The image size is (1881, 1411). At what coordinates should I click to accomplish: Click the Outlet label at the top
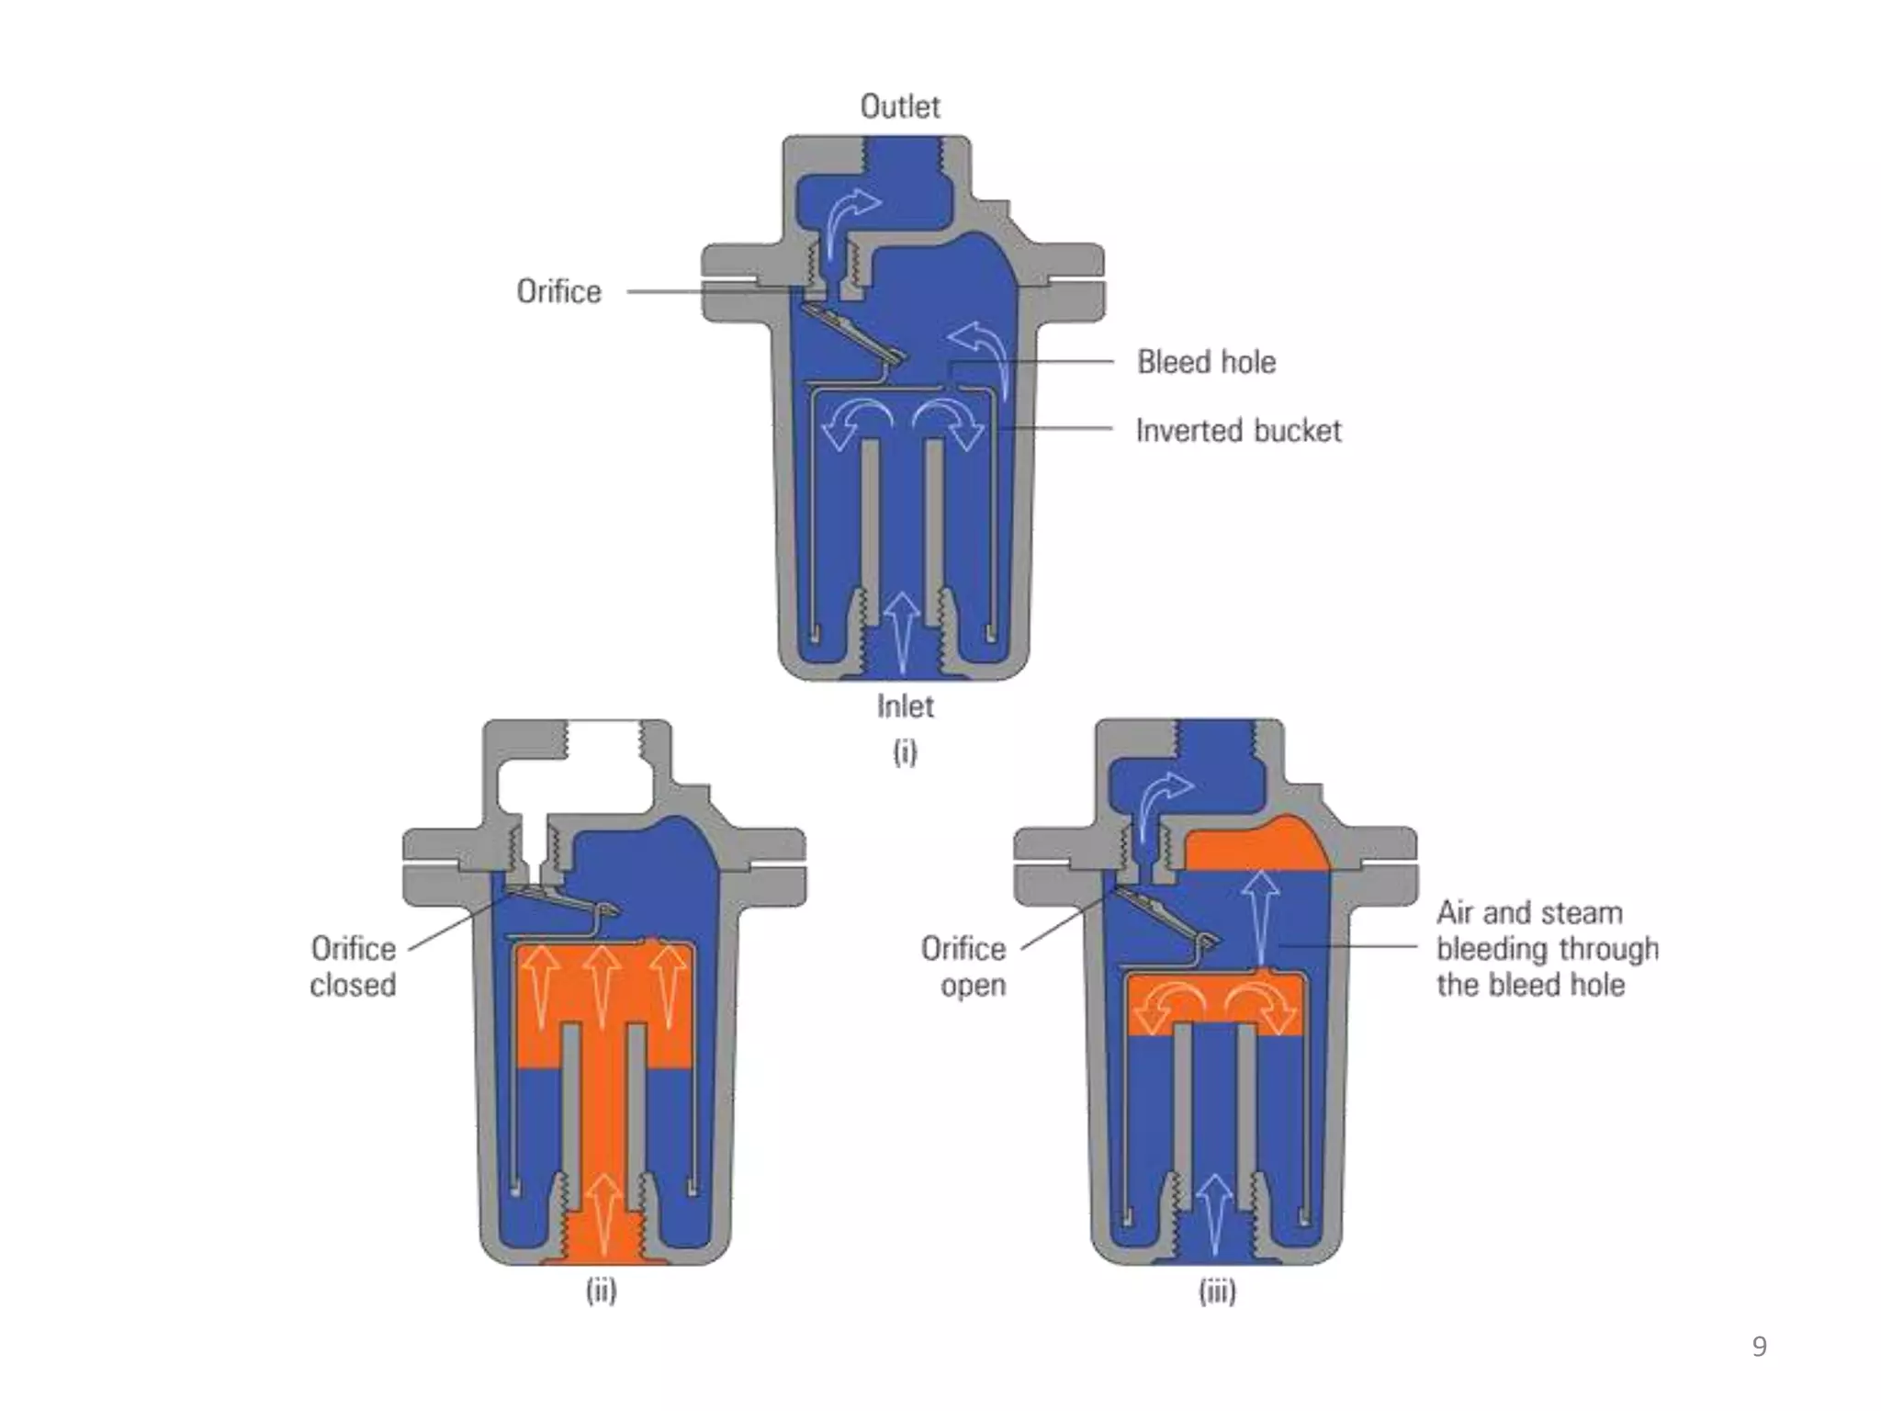click(x=900, y=107)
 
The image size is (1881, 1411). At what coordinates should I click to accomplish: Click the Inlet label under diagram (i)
click(x=905, y=706)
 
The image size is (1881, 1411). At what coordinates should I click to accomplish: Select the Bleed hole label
click(x=1206, y=362)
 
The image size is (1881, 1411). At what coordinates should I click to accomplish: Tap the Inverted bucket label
click(x=1238, y=430)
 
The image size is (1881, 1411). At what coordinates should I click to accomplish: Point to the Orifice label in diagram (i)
click(x=558, y=291)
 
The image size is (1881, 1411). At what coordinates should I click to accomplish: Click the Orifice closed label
click(x=353, y=966)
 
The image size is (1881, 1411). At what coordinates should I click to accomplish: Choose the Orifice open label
click(x=963, y=966)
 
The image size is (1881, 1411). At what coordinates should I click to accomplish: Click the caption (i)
click(x=905, y=752)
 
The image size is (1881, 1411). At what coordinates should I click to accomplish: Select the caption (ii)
click(x=602, y=1291)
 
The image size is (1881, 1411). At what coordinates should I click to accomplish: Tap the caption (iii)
click(x=1217, y=1292)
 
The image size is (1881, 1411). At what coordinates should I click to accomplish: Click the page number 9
click(x=1759, y=1347)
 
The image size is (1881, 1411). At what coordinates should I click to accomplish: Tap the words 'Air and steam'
click(x=1529, y=913)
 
